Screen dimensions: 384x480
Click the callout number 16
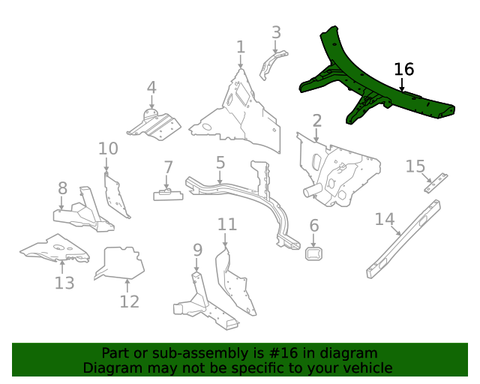coord(403,69)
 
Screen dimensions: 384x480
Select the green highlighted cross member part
coord(375,88)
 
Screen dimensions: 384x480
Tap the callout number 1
coord(240,47)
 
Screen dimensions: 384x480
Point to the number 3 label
coord(276,32)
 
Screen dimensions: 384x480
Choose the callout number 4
coord(151,88)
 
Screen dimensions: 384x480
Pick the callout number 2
coord(317,121)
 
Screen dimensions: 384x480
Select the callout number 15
coord(415,166)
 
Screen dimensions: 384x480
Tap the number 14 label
coord(384,219)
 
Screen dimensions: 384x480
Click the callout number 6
coord(313,225)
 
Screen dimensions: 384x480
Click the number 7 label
coord(168,166)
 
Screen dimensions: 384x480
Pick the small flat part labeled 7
coord(169,194)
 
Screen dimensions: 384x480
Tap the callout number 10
coord(108,148)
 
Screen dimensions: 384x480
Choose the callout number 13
coord(64,283)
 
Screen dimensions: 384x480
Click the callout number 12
coord(129,301)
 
